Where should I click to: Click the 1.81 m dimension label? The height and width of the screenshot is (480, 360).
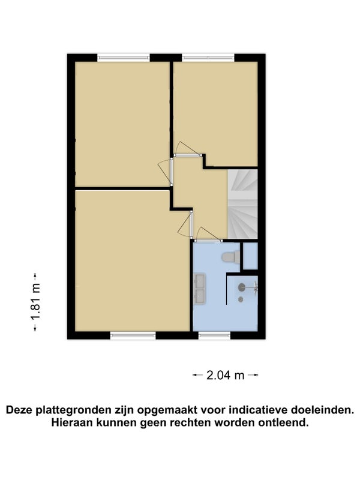[35, 302]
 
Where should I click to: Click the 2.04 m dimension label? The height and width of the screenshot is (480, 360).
[226, 375]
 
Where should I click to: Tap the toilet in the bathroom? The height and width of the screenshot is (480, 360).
[231, 257]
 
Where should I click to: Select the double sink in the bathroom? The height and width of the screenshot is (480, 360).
[200, 290]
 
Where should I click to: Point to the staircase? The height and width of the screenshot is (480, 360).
[242, 204]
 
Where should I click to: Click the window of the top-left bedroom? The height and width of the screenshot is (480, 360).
[124, 58]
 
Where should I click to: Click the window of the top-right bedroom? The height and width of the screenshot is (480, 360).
[208, 58]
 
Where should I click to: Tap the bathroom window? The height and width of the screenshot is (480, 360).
[214, 335]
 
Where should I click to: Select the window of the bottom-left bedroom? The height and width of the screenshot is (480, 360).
[133, 335]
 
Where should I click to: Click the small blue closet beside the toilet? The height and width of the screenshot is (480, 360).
[250, 256]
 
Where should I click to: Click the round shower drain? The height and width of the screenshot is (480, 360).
[241, 299]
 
